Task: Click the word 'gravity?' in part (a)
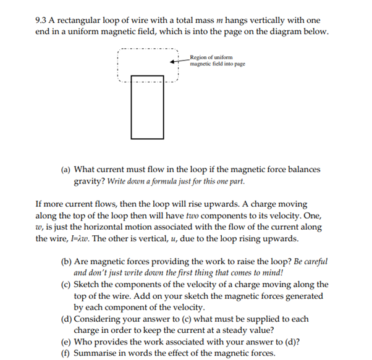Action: tap(90, 181)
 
